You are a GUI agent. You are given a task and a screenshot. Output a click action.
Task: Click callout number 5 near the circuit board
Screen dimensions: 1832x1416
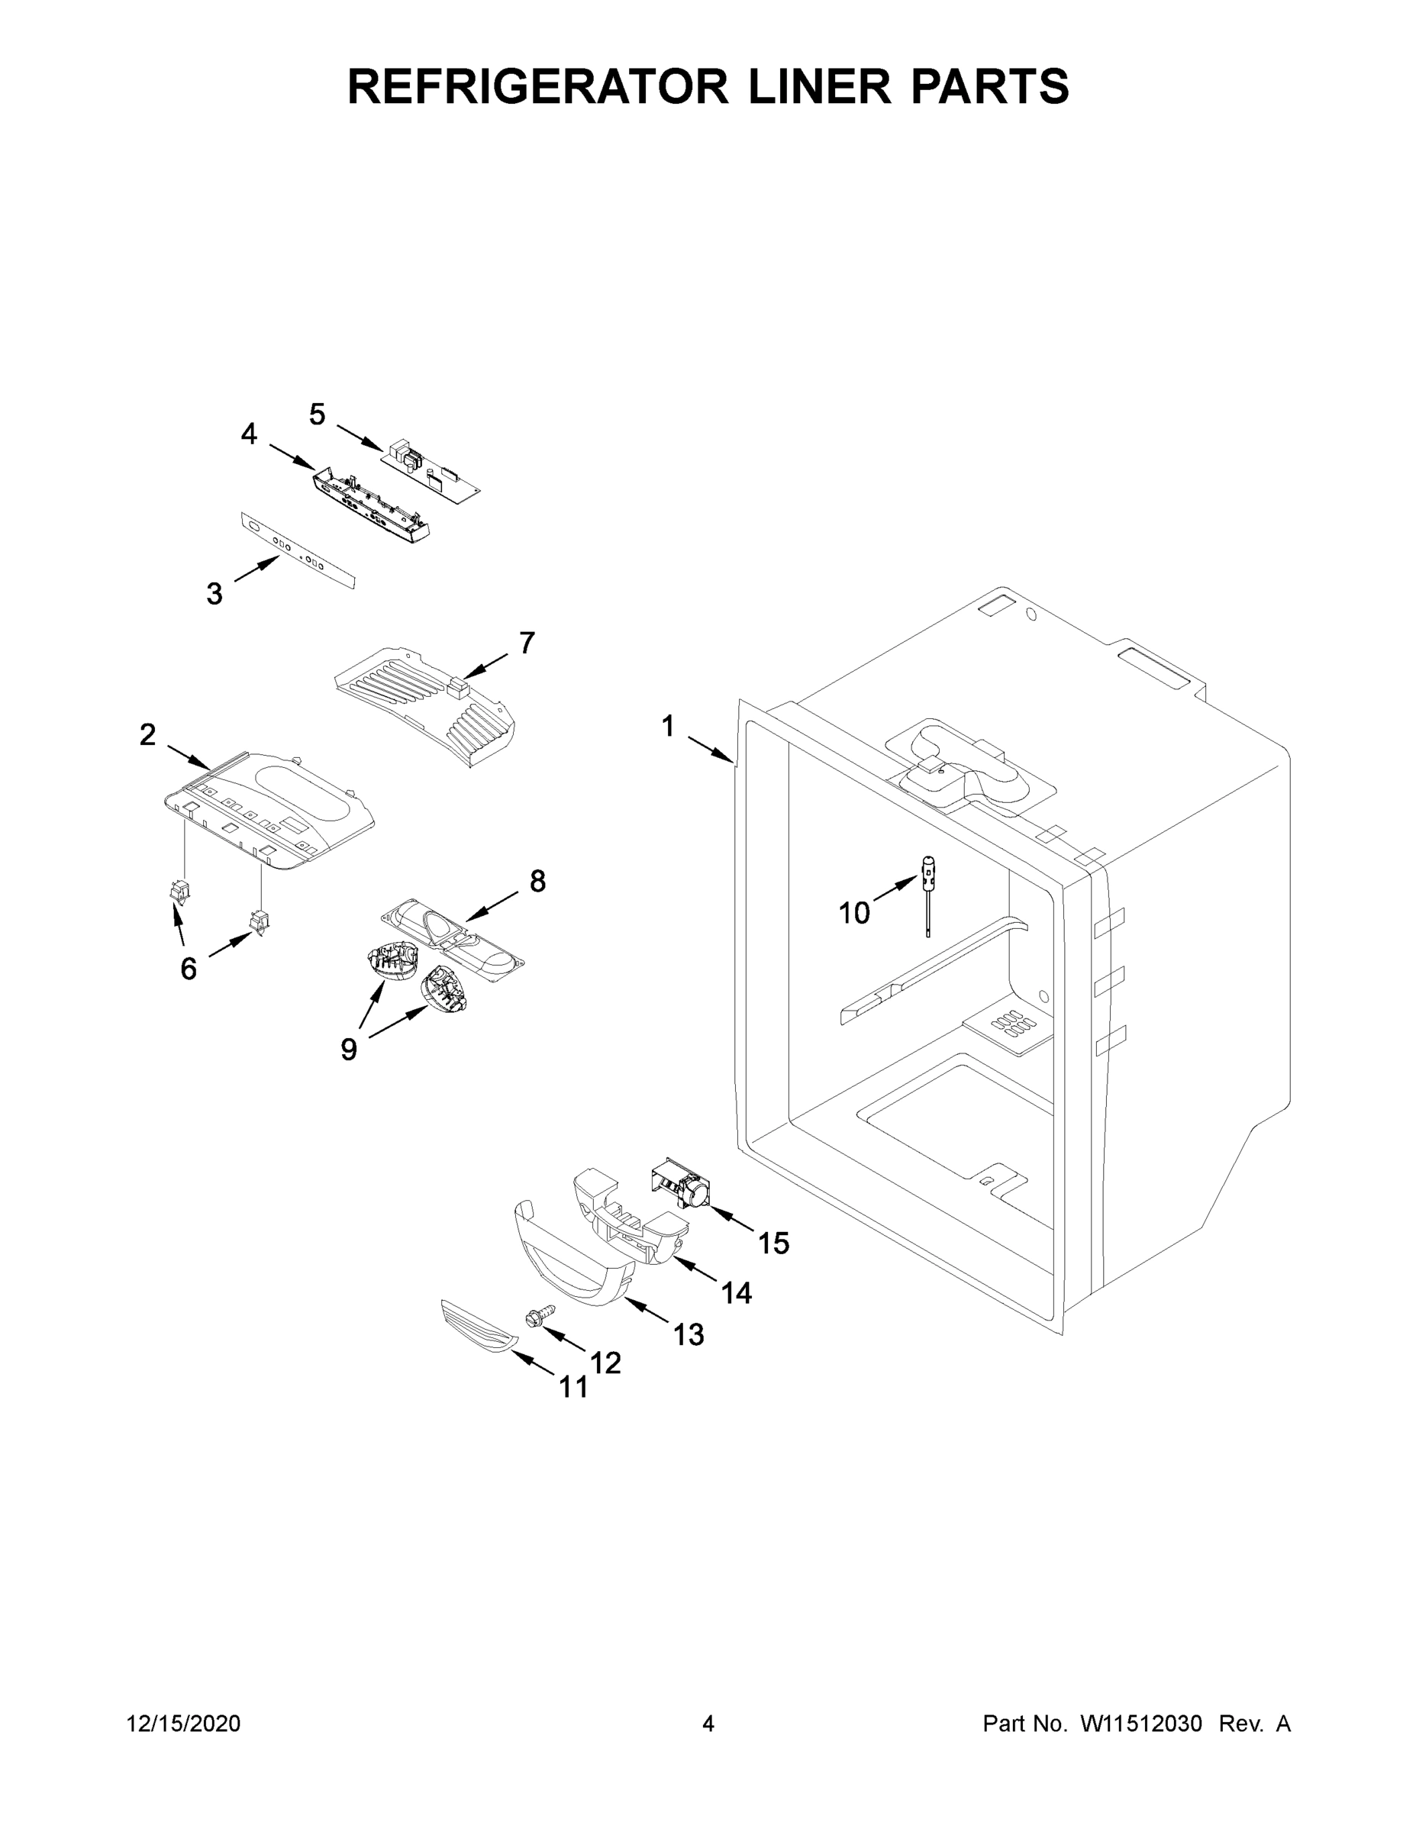point(317,414)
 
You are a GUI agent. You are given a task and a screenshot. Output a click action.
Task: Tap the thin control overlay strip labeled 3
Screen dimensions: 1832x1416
point(298,551)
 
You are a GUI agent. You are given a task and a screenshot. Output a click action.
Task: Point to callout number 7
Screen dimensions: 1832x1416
point(527,643)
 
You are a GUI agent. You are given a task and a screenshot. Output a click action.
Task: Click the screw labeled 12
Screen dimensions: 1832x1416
point(540,1314)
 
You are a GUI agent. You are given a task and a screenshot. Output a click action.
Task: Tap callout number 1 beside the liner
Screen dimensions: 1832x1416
point(668,727)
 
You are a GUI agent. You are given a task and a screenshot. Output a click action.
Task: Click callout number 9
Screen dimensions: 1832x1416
point(349,1049)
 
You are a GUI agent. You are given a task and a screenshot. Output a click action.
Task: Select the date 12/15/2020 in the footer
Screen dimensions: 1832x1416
point(184,1724)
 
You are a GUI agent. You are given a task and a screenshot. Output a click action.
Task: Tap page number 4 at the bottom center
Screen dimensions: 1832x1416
point(708,1724)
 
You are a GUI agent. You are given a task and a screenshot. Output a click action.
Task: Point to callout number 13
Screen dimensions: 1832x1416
point(689,1334)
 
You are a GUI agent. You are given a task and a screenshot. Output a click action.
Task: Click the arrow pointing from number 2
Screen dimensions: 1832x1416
point(188,755)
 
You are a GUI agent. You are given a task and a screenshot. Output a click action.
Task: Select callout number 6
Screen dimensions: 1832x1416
point(189,969)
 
